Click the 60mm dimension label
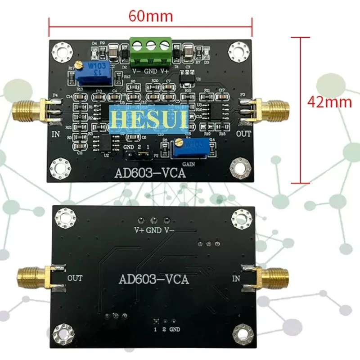(x=151, y=16)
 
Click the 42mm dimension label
(x=329, y=102)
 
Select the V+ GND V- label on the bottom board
(x=153, y=230)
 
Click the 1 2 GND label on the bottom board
(x=166, y=329)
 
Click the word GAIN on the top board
(x=188, y=165)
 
